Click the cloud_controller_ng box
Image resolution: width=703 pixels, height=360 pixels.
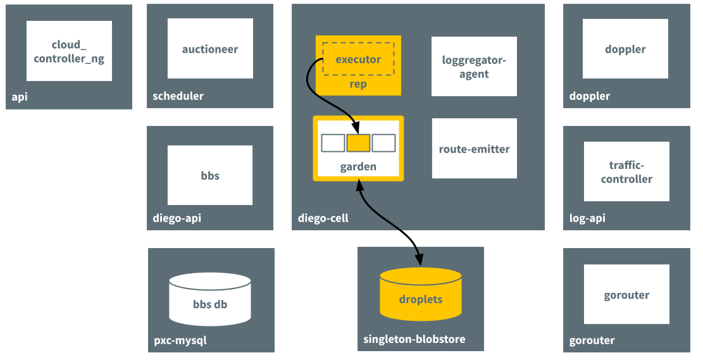tap(69, 51)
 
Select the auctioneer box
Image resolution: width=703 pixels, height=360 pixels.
tap(210, 49)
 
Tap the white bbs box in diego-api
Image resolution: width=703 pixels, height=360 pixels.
tap(210, 175)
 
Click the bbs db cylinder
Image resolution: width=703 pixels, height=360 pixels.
tap(210, 299)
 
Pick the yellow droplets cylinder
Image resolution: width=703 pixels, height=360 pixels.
tap(421, 294)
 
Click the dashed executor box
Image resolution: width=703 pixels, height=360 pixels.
tap(358, 59)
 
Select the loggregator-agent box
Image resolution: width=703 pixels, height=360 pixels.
tap(474, 66)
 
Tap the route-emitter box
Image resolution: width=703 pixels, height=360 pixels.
tap(475, 149)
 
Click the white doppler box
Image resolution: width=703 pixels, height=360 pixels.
tap(625, 49)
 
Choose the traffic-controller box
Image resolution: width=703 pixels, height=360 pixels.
tap(626, 171)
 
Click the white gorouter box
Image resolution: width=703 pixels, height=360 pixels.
tap(626, 294)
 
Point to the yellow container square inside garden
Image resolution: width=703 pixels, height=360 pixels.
tap(358, 143)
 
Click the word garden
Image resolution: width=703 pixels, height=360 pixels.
tap(358, 167)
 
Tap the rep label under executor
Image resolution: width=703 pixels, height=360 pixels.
tap(358, 84)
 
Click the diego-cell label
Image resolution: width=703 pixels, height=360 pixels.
tap(323, 218)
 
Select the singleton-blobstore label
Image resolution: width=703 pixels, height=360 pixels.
tap(414, 339)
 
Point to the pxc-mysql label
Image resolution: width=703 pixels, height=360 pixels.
tap(180, 341)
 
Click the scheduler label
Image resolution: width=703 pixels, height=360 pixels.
tap(178, 96)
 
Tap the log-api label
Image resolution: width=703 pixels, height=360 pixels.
tap(587, 218)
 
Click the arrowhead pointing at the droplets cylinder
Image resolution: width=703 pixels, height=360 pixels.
tap(419, 260)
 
